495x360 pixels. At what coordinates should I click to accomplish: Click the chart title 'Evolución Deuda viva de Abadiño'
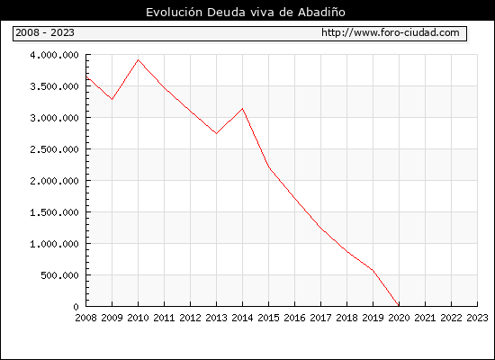point(246,12)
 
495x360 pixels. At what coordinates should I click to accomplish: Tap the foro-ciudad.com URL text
point(391,32)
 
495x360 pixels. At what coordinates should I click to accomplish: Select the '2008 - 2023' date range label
point(45,32)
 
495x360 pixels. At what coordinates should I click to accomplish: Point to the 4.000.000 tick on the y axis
point(54,55)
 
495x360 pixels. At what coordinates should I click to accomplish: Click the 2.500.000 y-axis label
point(54,149)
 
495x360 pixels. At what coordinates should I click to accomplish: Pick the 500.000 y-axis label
point(59,275)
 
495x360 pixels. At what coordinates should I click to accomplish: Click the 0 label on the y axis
point(76,307)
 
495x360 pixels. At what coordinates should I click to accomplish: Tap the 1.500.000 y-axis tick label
point(54,212)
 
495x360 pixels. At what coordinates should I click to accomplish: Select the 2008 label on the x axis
point(85,318)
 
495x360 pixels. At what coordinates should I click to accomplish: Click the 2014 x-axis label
point(242,318)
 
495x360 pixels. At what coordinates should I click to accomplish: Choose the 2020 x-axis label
point(399,318)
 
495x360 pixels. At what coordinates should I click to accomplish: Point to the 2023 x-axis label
point(477,318)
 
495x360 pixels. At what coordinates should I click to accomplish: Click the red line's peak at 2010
point(138,59)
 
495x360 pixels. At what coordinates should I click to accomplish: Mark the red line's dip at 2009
point(112,100)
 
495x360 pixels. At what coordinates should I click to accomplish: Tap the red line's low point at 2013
point(216,133)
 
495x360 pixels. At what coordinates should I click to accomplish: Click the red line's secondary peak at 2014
point(242,109)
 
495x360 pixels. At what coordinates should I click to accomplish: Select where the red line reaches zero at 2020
point(399,306)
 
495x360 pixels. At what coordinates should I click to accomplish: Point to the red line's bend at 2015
point(269,166)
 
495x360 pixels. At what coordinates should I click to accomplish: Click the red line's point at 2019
point(373,270)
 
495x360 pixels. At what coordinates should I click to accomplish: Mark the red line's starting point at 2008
point(86,76)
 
